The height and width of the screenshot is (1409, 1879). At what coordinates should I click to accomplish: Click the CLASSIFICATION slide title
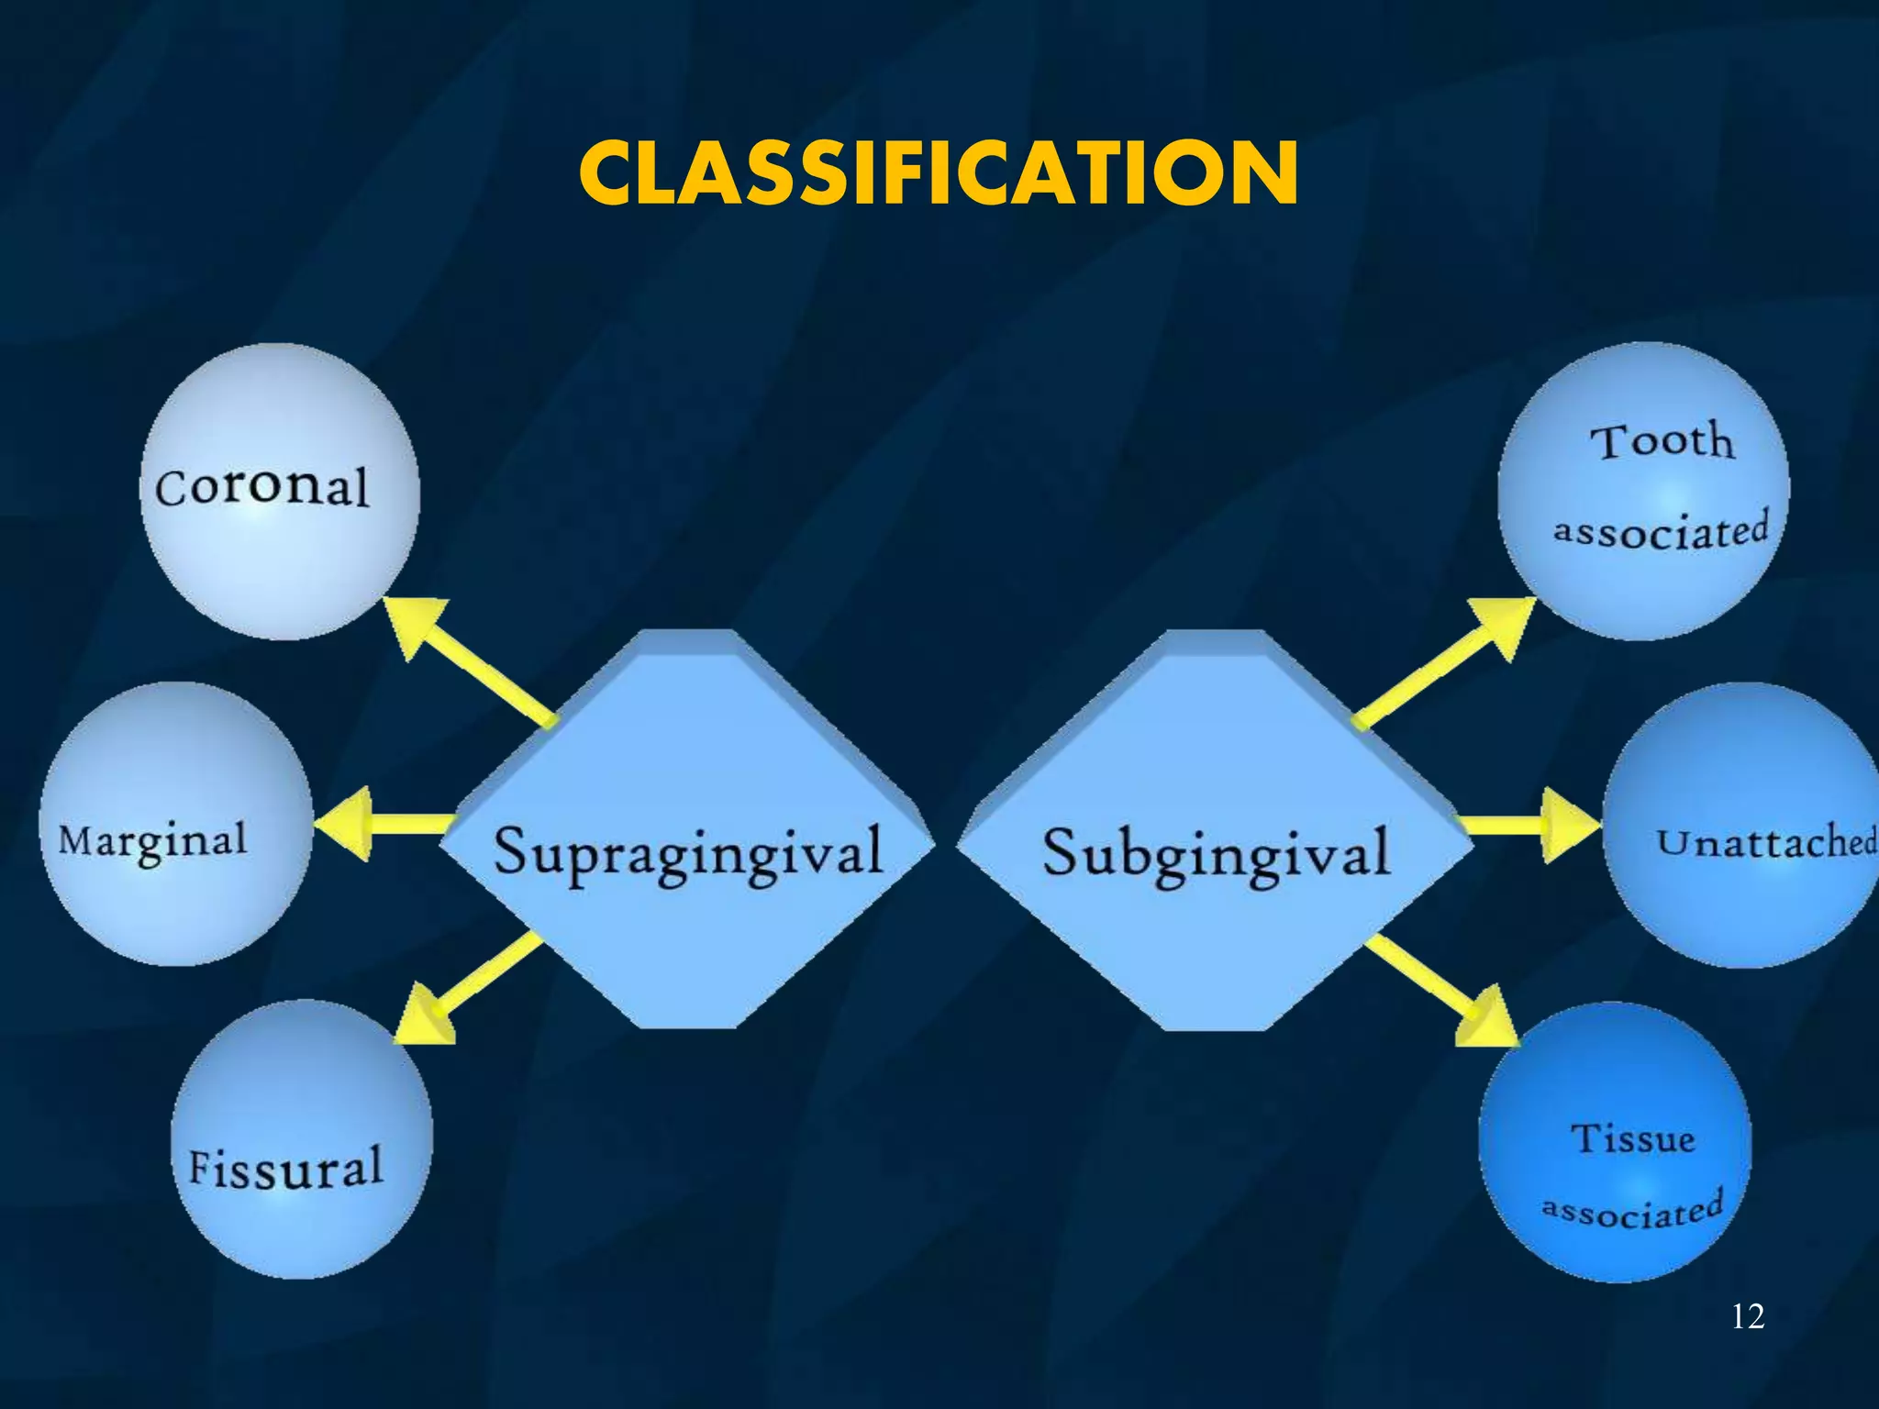[939, 174]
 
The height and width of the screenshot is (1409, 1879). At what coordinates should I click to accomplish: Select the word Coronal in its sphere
[262, 486]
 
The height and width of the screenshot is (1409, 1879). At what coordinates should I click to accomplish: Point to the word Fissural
[285, 1168]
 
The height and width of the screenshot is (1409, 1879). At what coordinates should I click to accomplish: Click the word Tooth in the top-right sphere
[1662, 442]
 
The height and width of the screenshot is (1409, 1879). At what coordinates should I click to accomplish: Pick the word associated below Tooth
[1661, 531]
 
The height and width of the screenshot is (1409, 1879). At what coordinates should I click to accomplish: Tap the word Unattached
[1766, 842]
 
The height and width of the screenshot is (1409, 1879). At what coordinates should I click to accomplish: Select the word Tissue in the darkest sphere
[1633, 1138]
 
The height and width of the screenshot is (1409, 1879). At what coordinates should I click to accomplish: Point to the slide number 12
[1747, 1316]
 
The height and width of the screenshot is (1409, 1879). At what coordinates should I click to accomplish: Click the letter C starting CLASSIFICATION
[613, 174]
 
